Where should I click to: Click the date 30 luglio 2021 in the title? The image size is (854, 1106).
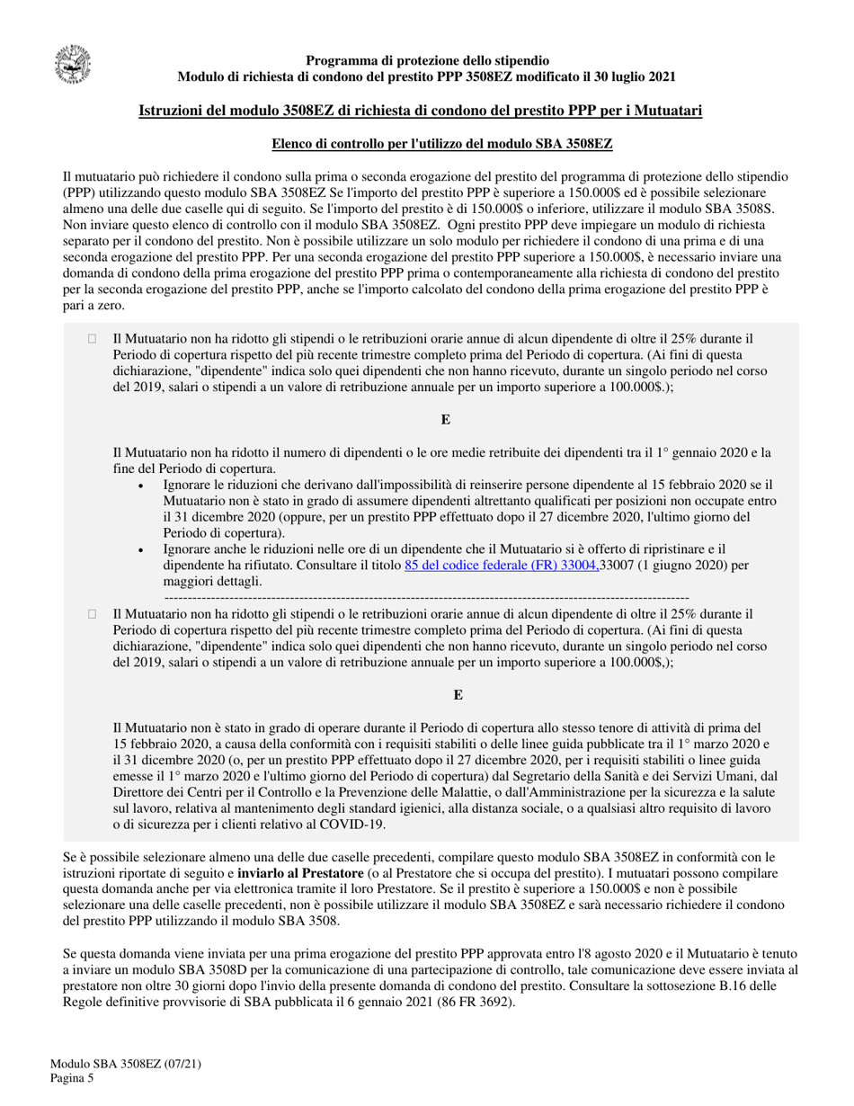pyautogui.click(x=627, y=77)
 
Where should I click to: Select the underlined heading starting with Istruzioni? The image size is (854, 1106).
pyautogui.click(x=421, y=111)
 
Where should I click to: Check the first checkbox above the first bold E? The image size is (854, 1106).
pyautogui.click(x=91, y=339)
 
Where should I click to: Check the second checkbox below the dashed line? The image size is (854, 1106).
pyautogui.click(x=91, y=613)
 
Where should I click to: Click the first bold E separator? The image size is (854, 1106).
pyautogui.click(x=445, y=420)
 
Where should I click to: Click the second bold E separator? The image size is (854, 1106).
pyautogui.click(x=458, y=694)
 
